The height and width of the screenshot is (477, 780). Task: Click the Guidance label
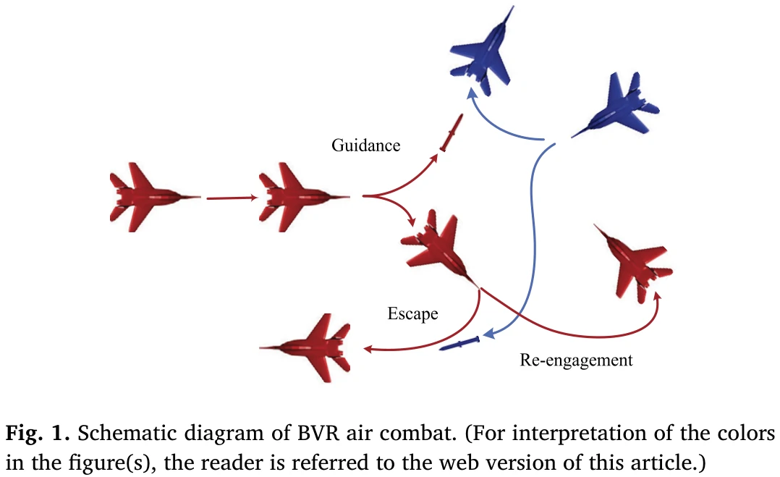tap(365, 145)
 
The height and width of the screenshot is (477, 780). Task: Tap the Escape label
tap(412, 313)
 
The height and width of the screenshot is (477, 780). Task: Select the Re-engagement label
tap(576, 360)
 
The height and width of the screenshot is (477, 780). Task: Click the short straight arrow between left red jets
tap(231, 196)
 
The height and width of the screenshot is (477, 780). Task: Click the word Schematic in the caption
tap(114, 434)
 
